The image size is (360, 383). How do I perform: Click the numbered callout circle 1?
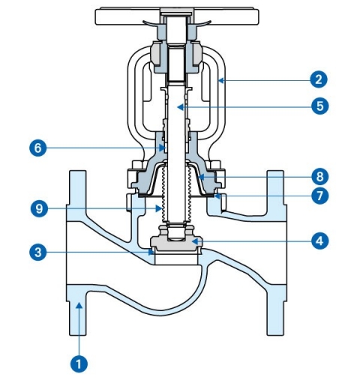coord(79,364)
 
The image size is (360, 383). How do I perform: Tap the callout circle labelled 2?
coord(319,79)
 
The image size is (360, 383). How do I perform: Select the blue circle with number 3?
coord(38,252)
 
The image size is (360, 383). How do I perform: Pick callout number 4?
coord(320,241)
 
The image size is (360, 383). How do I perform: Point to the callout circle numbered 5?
coord(320,106)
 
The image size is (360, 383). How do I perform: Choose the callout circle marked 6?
coord(38,148)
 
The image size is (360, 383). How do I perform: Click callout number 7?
coord(320,196)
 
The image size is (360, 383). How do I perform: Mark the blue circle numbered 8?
coord(320,177)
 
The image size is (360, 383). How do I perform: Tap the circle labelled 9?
coord(40,208)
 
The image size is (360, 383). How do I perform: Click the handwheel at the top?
coord(177,16)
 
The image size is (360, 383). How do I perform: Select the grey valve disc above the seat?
coord(176,242)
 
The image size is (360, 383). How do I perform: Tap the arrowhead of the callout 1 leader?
coord(79,305)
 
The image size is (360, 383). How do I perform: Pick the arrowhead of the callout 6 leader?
coord(163,148)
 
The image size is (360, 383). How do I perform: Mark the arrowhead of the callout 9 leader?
coord(158,208)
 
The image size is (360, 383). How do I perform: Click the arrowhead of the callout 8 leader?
coord(201,177)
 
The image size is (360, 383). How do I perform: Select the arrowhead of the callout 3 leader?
coord(151,253)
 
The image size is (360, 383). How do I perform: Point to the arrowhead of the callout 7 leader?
coord(217,196)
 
